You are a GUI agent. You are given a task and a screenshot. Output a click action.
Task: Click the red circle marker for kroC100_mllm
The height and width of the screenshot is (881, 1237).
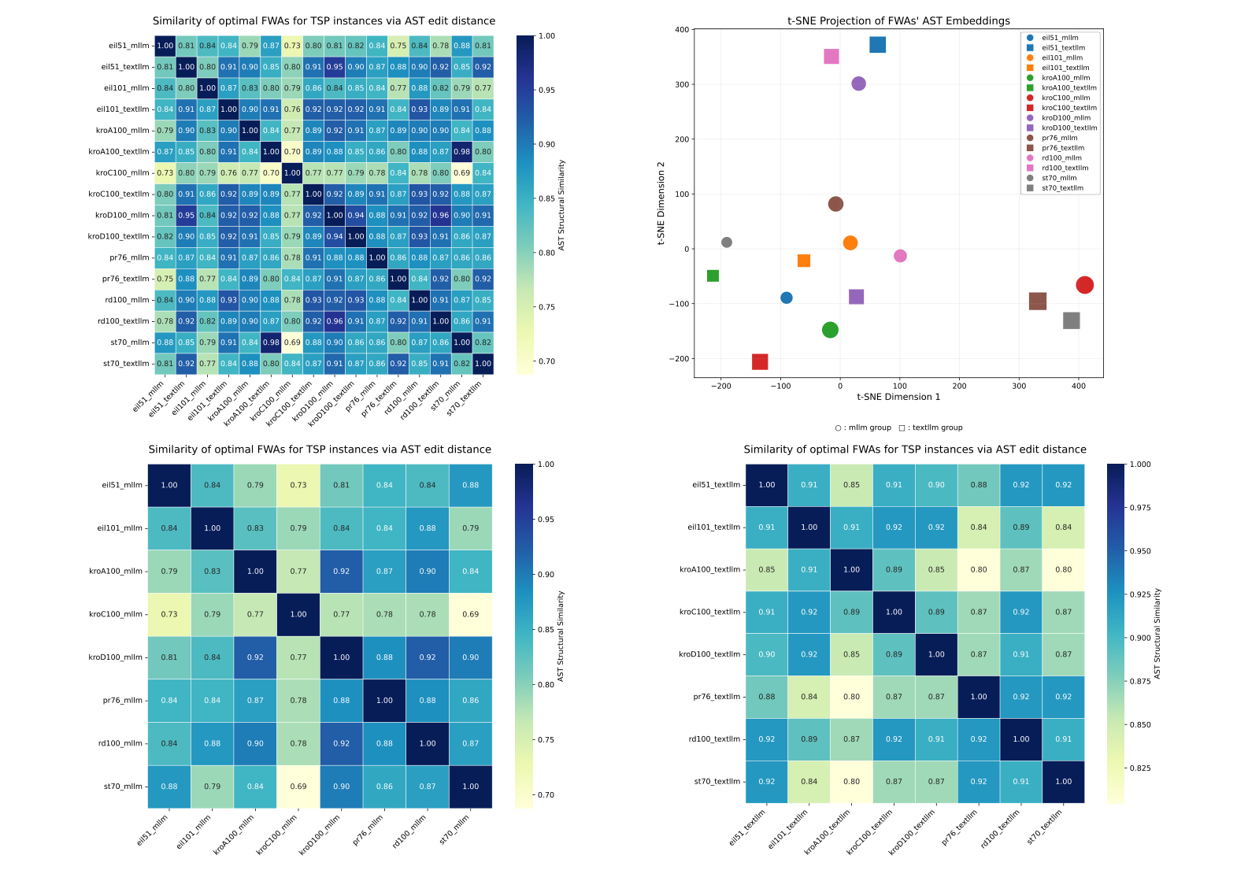click(x=1084, y=285)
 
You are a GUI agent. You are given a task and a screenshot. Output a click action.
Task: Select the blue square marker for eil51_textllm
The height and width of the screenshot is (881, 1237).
click(x=877, y=45)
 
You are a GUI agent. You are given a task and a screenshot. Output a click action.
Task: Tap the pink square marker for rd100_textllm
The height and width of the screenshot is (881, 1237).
click(x=831, y=57)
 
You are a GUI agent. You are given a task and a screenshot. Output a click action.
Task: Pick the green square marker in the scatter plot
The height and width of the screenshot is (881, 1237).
click(x=713, y=276)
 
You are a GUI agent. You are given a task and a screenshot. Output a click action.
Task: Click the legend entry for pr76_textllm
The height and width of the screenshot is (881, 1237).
click(x=1062, y=148)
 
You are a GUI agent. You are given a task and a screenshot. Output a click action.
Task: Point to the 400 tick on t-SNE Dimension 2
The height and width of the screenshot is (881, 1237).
click(x=681, y=30)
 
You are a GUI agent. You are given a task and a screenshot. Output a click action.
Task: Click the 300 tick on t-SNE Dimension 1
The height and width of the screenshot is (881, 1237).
click(x=1019, y=386)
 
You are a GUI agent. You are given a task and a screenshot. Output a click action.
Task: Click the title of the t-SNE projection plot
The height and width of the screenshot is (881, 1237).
click(x=898, y=21)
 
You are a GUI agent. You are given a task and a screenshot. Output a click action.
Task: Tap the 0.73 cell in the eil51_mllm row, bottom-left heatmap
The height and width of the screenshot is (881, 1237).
click(x=298, y=485)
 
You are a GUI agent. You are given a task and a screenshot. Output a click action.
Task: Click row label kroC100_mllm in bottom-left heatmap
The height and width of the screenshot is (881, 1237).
click(x=116, y=614)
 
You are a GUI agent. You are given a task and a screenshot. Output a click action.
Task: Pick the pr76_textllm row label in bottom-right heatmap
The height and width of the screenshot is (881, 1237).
click(x=717, y=697)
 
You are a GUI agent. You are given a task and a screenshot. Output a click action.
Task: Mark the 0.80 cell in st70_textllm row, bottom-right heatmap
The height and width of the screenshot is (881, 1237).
click(x=851, y=782)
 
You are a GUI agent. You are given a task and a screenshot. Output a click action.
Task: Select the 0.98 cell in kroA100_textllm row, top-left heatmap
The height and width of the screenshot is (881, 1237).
click(x=462, y=152)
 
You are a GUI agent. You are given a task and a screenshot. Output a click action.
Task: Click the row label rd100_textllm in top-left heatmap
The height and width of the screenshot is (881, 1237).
click(x=123, y=321)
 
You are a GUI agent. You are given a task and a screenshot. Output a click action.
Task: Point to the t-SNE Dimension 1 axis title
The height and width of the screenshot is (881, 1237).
click(x=898, y=397)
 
